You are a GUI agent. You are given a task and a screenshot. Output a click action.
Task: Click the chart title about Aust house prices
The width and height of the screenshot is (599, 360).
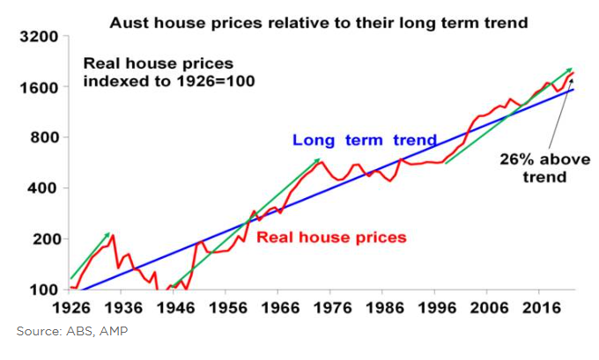click(318, 22)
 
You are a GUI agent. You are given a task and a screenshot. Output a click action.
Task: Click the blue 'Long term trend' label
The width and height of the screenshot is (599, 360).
click(365, 140)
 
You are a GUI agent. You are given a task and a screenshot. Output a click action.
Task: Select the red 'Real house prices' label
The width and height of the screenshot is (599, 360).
click(331, 237)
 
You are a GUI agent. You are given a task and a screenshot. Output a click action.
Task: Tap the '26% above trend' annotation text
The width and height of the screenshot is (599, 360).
click(532, 168)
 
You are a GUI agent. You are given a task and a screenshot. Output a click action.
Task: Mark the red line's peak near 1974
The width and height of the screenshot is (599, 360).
click(322, 163)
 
